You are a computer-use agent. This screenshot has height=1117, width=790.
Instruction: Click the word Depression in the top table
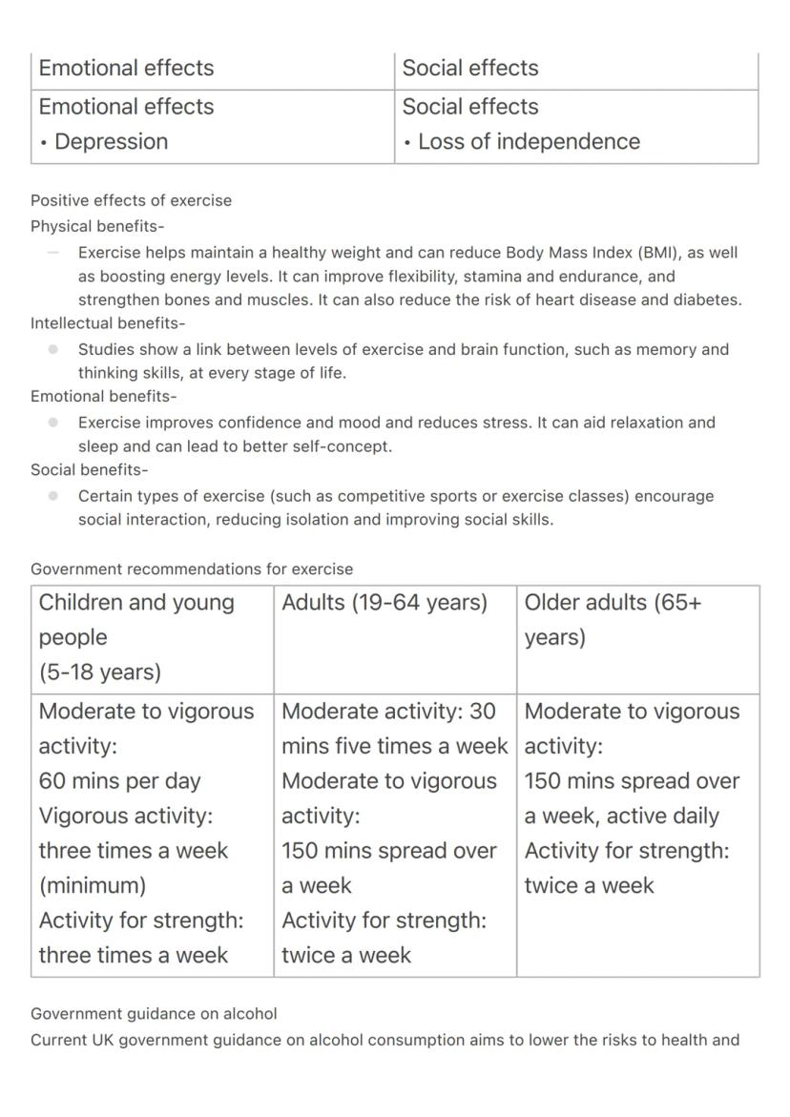tap(111, 142)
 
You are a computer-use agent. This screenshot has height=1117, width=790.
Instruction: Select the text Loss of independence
tap(529, 142)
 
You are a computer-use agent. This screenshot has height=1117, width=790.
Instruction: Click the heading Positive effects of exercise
tap(131, 200)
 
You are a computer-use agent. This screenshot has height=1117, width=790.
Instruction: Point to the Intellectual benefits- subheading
tap(108, 323)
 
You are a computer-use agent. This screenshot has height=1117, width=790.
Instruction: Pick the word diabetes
tap(708, 300)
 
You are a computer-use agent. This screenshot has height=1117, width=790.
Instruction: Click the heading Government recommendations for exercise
tap(192, 569)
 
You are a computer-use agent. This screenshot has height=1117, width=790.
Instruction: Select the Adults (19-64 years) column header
tap(385, 603)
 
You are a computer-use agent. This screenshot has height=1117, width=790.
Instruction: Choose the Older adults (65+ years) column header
tap(613, 619)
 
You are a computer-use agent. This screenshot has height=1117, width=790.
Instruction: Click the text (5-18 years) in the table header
tap(100, 672)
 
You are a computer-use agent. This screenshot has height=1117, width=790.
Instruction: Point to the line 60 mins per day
tap(120, 781)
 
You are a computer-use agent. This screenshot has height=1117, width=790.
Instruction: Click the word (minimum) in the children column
tap(93, 885)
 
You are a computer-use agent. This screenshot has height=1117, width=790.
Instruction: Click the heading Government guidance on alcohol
tap(154, 1014)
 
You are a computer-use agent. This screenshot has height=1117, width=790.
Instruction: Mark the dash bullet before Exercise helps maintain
tap(53, 254)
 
